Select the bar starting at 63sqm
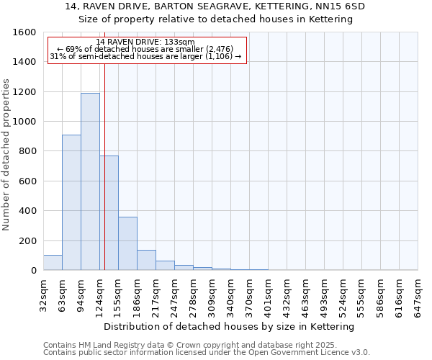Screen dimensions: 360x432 click(71, 202)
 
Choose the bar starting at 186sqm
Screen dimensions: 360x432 click(146, 260)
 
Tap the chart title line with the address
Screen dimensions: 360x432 click(215, 6)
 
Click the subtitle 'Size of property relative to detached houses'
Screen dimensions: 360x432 click(215, 19)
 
